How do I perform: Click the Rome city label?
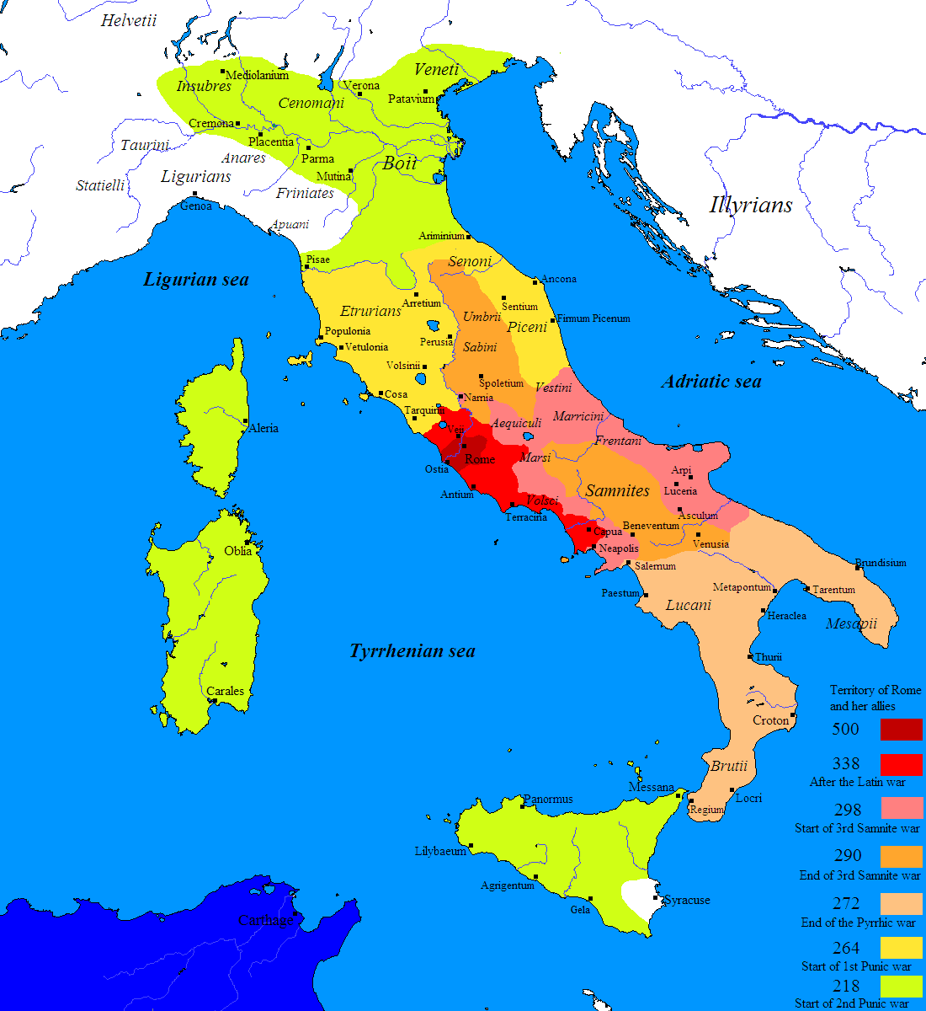coord(480,459)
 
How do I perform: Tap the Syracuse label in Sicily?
coord(687,900)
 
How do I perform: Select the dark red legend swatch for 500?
coord(901,729)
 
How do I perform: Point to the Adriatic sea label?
coord(711,382)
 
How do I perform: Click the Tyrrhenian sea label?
coord(412,651)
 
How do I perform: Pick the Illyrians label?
coord(751,205)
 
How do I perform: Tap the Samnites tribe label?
coord(618,490)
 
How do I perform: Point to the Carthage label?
coord(266,921)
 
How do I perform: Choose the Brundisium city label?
coord(881,563)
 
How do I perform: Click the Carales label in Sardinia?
coord(226,691)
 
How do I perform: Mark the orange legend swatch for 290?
coord(901,856)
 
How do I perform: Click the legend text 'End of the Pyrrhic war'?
coord(858,923)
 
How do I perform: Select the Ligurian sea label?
coord(196,280)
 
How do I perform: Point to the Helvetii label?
coord(129,21)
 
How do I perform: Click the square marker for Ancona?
coord(535,280)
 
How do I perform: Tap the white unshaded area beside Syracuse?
coord(640,900)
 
